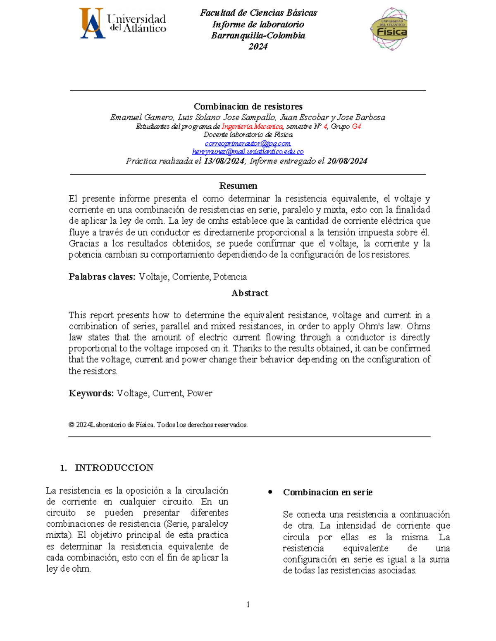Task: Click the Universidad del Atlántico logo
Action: tap(123, 23)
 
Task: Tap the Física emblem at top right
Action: tap(389, 28)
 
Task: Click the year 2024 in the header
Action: tap(258, 47)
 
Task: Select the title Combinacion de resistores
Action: tap(248, 106)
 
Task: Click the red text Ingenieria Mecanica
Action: tap(252, 126)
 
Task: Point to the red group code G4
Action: tap(356, 126)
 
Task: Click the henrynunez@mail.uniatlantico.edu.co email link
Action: tap(248, 152)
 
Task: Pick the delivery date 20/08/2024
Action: tap(347, 161)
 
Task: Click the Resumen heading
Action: tap(238, 186)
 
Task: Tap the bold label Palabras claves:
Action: tap(102, 277)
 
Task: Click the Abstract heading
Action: tap(250, 293)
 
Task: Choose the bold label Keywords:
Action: tap(91, 393)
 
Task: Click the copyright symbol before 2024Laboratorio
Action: tap(72, 425)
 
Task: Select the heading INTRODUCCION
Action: tap(114, 468)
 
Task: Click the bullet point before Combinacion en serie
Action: tap(270, 492)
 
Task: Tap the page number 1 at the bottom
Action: tap(248, 605)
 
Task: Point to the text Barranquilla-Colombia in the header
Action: tap(258, 35)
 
